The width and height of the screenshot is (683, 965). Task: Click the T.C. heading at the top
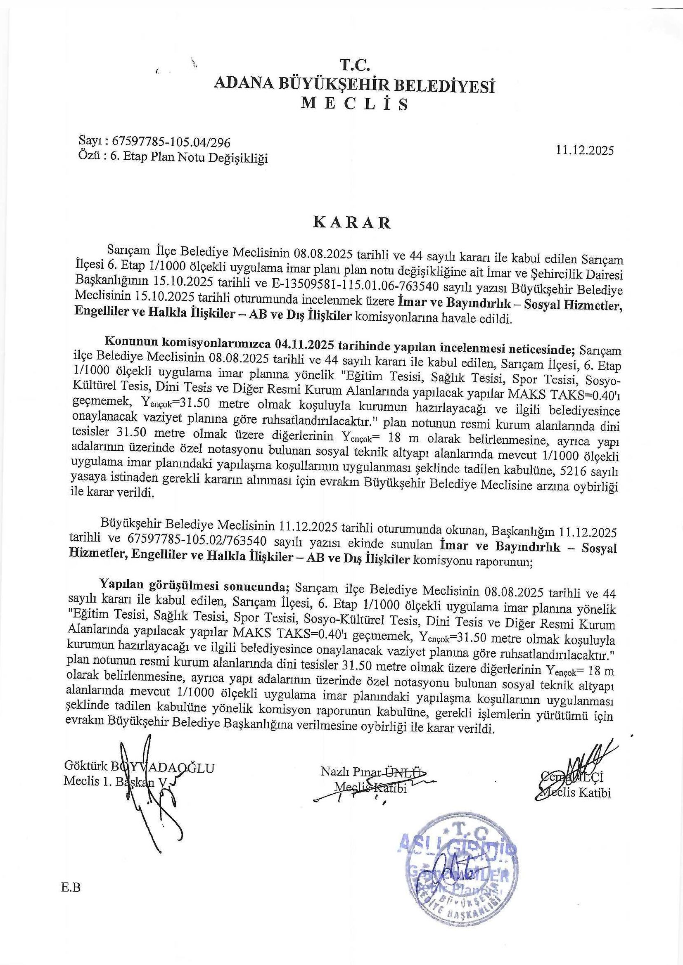click(355, 66)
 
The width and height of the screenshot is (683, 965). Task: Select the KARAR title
click(352, 223)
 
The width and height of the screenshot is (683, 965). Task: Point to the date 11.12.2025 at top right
click(585, 150)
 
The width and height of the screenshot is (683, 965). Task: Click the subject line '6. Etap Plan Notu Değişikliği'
click(189, 158)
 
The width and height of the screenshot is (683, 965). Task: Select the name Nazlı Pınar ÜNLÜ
click(373, 771)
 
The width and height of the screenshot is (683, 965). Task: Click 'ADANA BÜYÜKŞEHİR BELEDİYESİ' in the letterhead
click(355, 85)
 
